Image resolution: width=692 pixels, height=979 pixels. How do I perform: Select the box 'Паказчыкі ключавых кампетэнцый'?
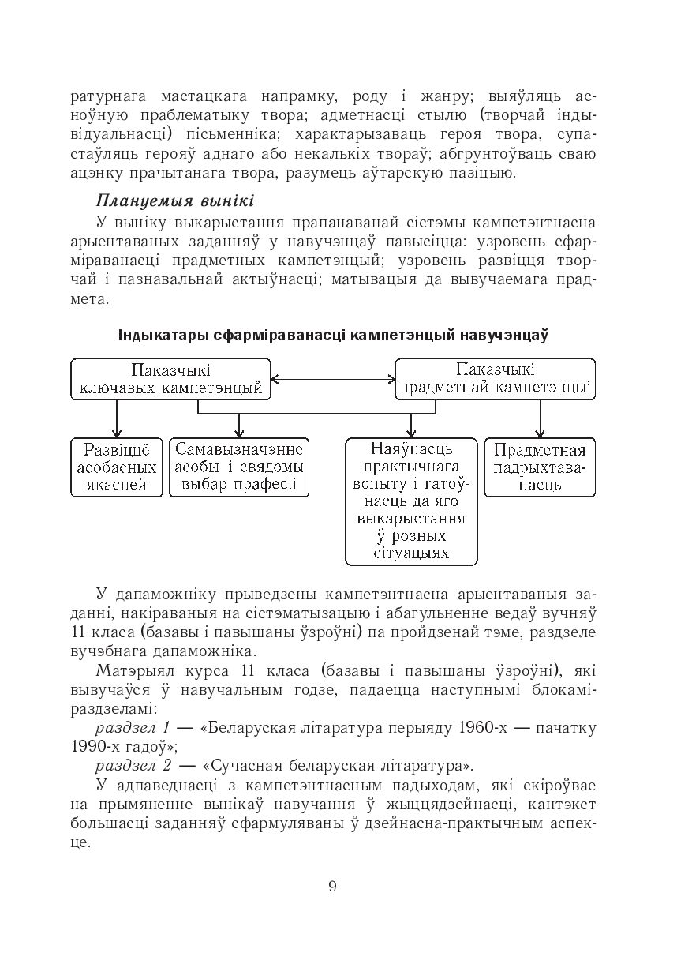pyautogui.click(x=170, y=380)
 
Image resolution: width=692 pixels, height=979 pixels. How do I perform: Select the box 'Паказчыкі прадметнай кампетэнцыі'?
pyautogui.click(x=495, y=380)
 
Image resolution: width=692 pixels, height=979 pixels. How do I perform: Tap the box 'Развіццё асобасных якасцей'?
pyautogui.click(x=116, y=467)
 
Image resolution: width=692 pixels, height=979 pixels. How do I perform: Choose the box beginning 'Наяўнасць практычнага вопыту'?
pyautogui.click(x=411, y=501)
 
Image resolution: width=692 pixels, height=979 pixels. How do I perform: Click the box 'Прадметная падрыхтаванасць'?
pyautogui.click(x=540, y=467)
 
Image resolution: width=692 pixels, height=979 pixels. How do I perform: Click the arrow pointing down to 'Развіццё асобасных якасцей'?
pyautogui.click(x=117, y=418)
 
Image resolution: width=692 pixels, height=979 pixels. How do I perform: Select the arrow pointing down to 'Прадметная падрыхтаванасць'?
pyautogui.click(x=540, y=418)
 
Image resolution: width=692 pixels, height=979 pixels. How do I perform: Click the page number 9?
pyautogui.click(x=332, y=885)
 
